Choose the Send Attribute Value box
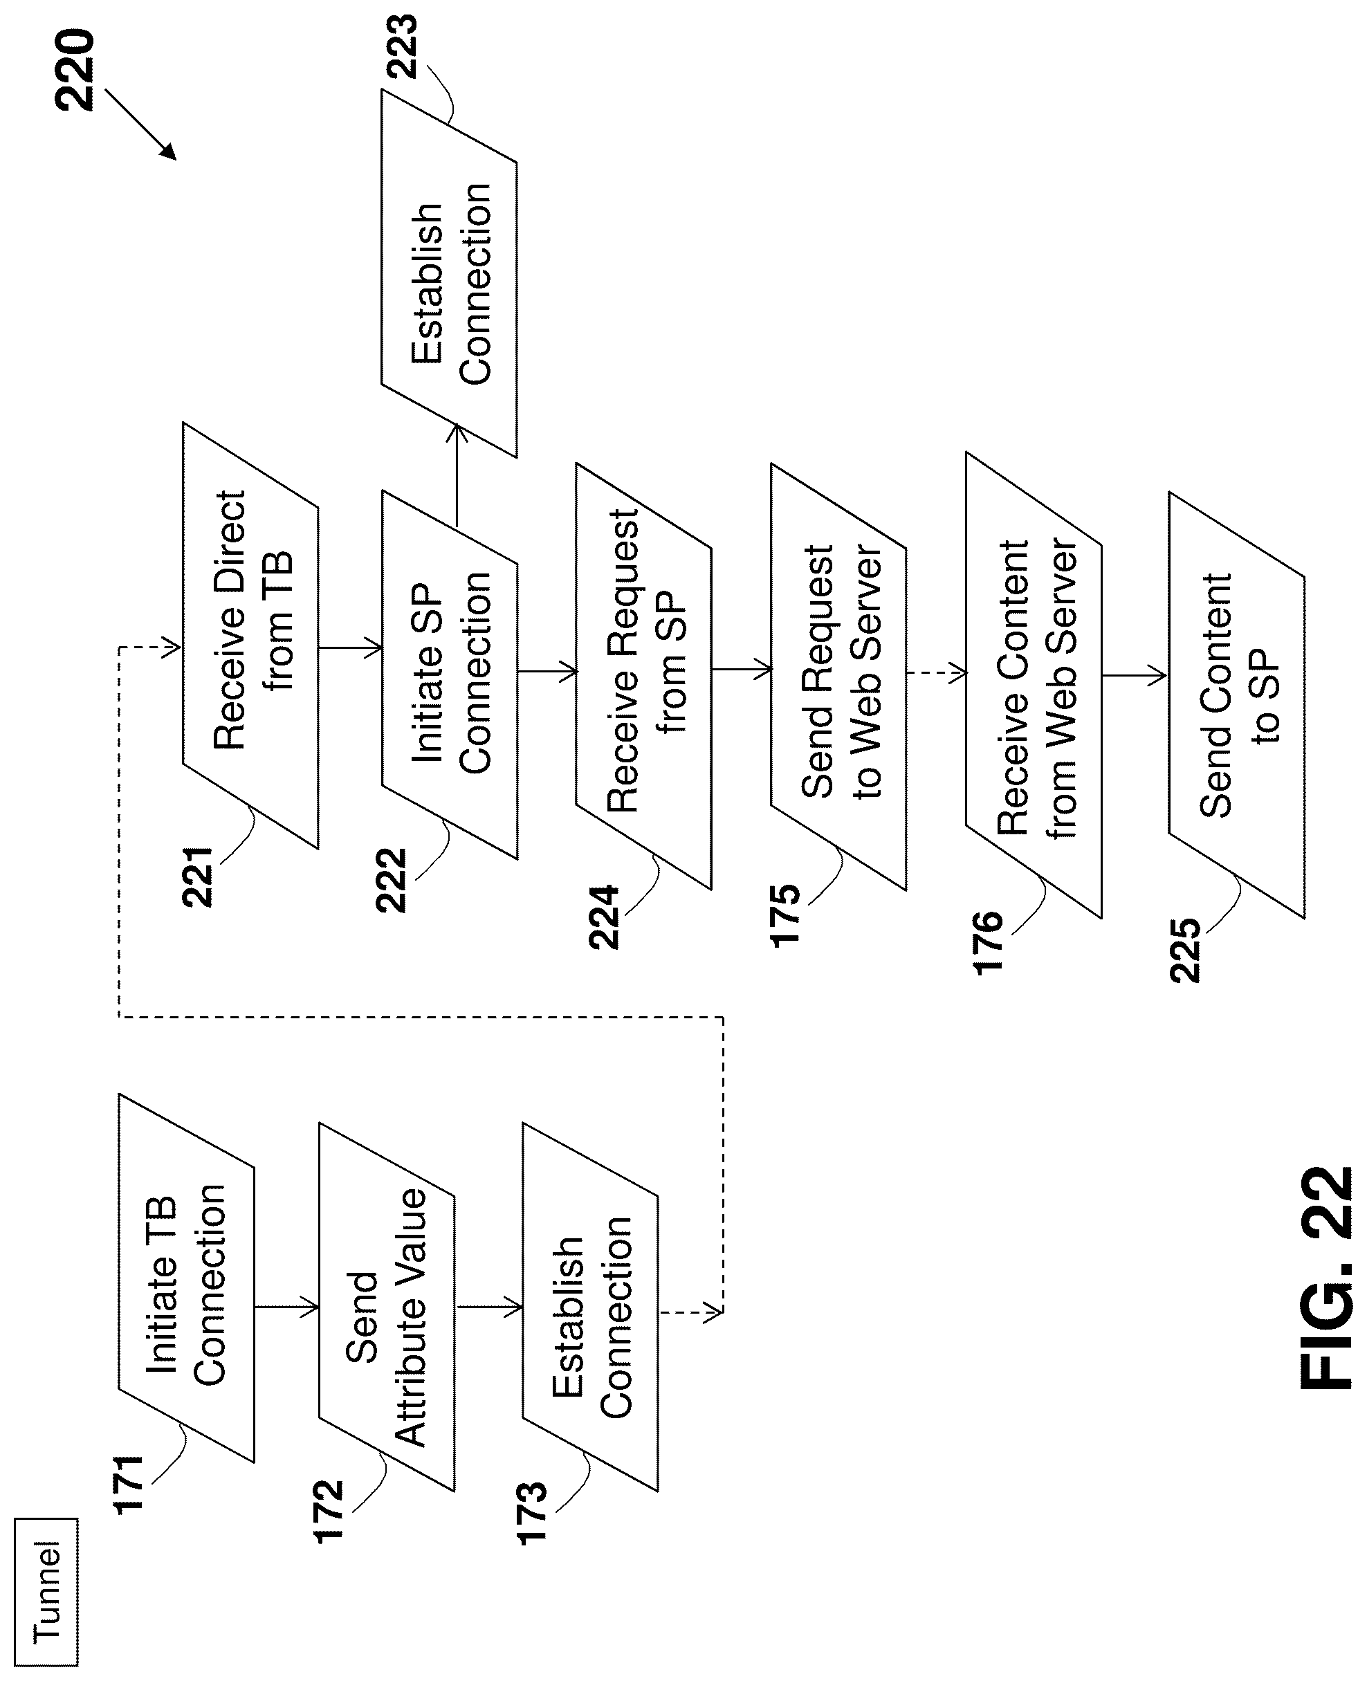pyautogui.click(x=387, y=1307)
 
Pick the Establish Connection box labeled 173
pyautogui.click(x=590, y=1307)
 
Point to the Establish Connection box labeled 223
pyautogui.click(x=449, y=273)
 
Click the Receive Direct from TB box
pyautogui.click(x=250, y=636)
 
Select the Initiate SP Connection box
pyautogui.click(x=450, y=674)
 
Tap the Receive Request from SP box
pyautogui.click(x=643, y=677)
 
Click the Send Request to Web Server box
pyautogui.click(x=838, y=677)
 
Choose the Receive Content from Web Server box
pyautogui.click(x=1034, y=685)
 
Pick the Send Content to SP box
pyautogui.click(x=1237, y=706)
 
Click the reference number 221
pyautogui.click(x=198, y=878)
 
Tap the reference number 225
pyautogui.click(x=1185, y=950)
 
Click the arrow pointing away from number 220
pyautogui.click(x=140, y=125)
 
